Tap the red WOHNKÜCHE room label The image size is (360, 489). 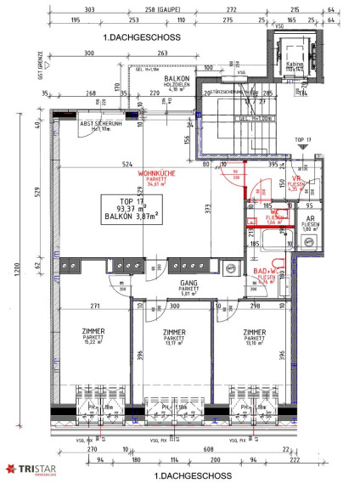click(x=155, y=174)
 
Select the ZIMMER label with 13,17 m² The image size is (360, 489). click(x=174, y=336)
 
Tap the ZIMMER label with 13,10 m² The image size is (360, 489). click(x=256, y=336)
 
